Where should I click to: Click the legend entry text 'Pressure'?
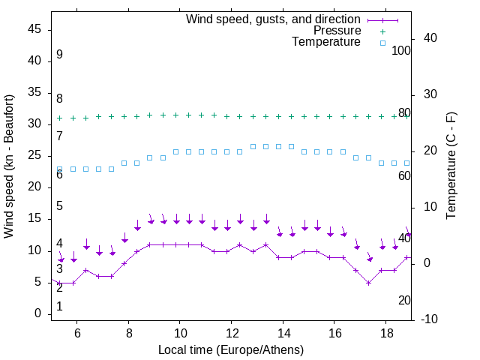(x=337, y=31)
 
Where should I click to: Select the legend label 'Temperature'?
(x=326, y=42)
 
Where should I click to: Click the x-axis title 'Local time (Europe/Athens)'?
(x=231, y=349)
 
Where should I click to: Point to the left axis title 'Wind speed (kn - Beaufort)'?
(x=9, y=166)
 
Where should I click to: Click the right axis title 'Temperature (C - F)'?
(x=451, y=166)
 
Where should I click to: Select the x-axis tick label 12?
(x=231, y=333)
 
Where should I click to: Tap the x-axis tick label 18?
(x=385, y=333)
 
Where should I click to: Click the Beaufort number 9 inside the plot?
(x=59, y=55)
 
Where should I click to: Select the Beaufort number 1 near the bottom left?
(x=59, y=307)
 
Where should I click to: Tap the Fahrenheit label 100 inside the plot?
(x=401, y=50)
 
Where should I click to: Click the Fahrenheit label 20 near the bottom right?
(x=404, y=300)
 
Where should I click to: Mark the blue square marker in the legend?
(x=382, y=43)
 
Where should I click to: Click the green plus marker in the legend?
(x=382, y=31)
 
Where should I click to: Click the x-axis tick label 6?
(x=76, y=333)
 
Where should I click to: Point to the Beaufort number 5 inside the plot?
(x=59, y=206)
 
